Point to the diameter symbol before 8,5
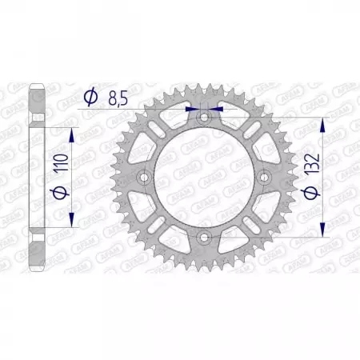coord(90,98)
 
